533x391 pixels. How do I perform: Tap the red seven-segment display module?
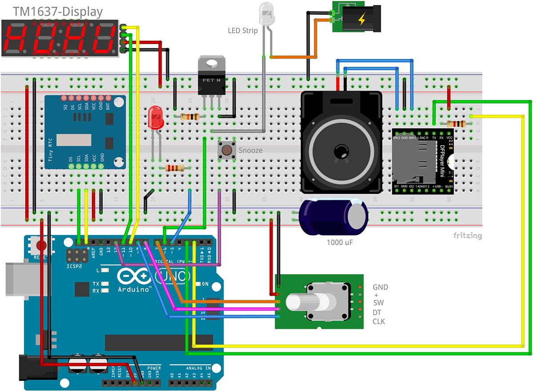click(60, 38)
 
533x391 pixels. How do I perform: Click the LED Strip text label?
click(243, 31)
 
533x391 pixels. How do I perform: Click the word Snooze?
click(251, 151)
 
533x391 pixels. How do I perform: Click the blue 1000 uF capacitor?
click(333, 216)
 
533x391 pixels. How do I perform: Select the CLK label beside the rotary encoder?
click(378, 321)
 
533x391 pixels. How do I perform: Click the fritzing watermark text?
click(467, 235)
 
